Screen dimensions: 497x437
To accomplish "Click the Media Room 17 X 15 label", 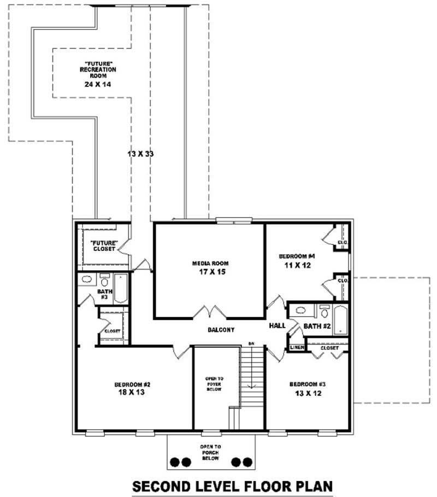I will point(210,267).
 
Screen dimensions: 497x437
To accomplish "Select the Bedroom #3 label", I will point(306,388).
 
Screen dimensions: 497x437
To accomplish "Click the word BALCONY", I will point(221,330).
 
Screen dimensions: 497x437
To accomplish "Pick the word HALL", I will point(277,326).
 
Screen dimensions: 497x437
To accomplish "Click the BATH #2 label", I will point(317,326).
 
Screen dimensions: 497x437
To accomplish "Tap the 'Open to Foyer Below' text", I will point(214,388).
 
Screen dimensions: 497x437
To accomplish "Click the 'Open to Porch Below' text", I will point(210,452).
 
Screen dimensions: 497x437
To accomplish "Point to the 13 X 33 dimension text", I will point(140,154).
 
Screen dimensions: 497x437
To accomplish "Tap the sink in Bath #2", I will point(300,311).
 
